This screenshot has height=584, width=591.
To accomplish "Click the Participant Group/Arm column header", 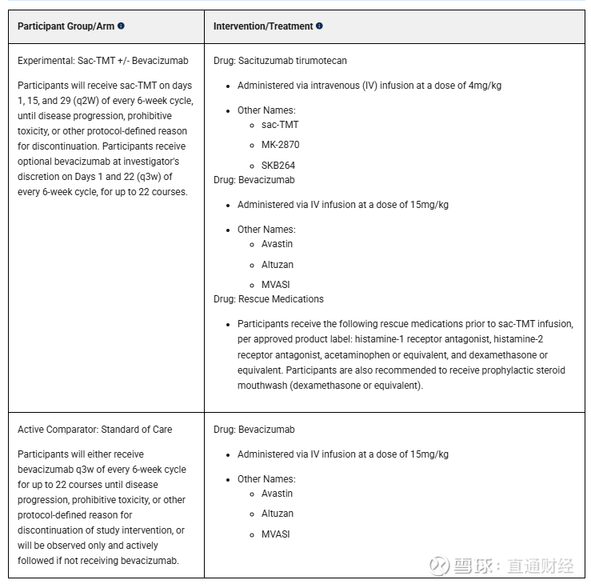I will [66, 26].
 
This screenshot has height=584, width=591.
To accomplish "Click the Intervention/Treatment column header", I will [262, 26].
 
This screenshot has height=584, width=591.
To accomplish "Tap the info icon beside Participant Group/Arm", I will [121, 26].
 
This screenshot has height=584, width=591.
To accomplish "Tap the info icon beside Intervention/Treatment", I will [319, 26].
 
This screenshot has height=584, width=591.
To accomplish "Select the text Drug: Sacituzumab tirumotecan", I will [280, 61].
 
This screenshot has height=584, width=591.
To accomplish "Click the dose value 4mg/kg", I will [485, 86].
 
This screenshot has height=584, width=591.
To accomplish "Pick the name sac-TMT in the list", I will [280, 125].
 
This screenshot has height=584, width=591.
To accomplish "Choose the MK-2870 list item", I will [280, 145].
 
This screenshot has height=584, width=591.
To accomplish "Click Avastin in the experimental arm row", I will [277, 244].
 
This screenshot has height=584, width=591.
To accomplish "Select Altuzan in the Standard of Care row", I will [277, 514].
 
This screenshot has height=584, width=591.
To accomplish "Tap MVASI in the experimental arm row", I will [275, 285].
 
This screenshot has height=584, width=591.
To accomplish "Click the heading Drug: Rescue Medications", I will [268, 299].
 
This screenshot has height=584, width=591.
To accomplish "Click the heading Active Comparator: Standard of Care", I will [94, 430].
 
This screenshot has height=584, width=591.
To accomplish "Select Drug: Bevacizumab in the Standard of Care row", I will [254, 430].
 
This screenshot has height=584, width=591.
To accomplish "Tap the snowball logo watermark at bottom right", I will [439, 565].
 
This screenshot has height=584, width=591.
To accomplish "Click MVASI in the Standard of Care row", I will [275, 534].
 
